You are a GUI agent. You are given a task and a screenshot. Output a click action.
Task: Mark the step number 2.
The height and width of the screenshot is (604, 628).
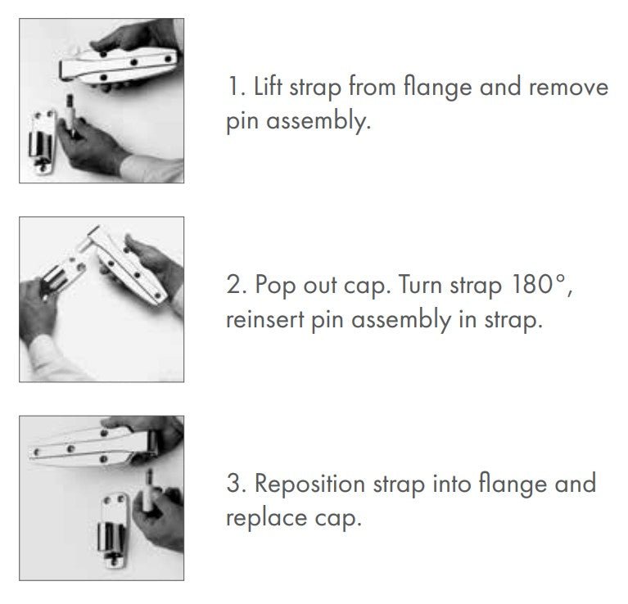[x=233, y=286]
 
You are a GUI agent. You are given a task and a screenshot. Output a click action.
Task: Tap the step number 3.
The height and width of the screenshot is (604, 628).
[x=233, y=484]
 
